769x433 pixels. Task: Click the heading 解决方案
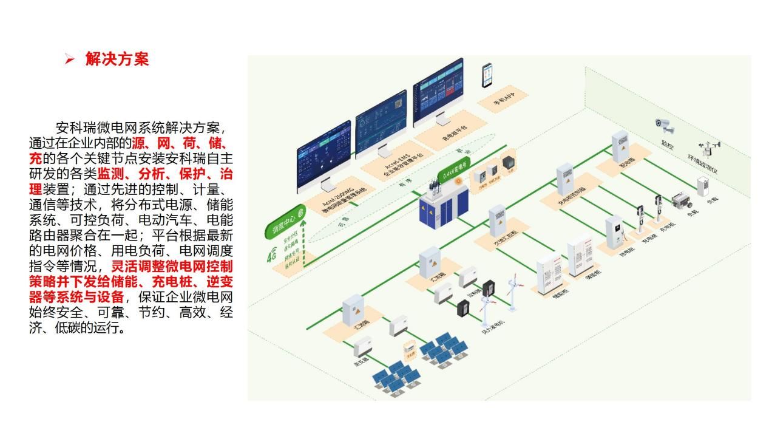pos(117,60)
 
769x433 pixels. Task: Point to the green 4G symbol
pos(271,256)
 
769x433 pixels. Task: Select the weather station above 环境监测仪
pos(709,149)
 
